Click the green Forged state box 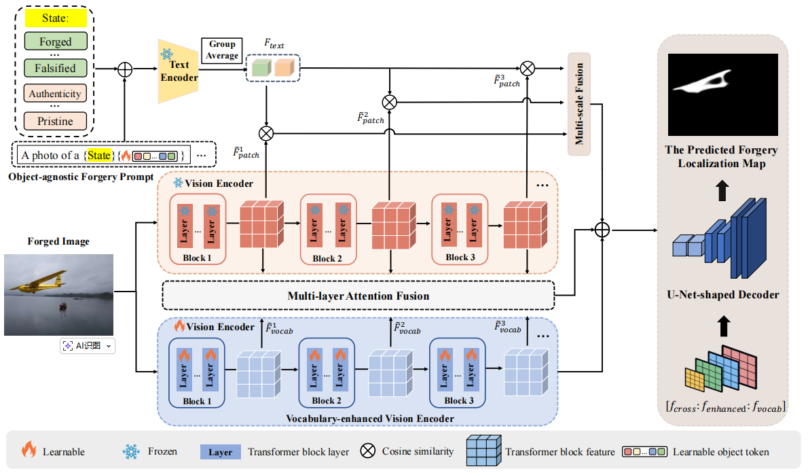point(55,41)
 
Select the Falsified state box point(55,68)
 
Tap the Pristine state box point(55,121)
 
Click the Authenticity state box point(55,94)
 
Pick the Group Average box point(222,50)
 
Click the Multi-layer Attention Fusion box point(358,296)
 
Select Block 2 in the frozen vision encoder point(329,229)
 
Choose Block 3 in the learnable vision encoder point(460,372)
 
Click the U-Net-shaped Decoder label point(724,295)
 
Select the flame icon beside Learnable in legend point(29,451)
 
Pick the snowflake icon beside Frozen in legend point(130,451)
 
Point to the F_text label point(274,46)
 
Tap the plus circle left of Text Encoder point(124,69)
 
